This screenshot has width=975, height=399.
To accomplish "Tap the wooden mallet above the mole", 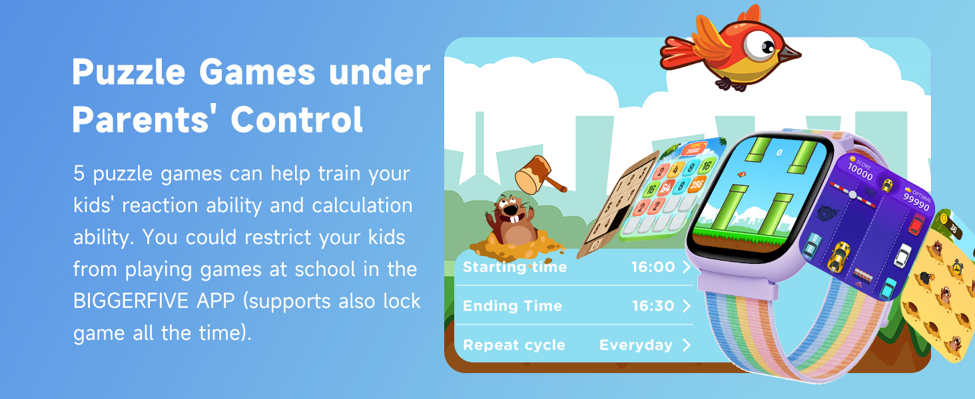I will pyautogui.click(x=539, y=174).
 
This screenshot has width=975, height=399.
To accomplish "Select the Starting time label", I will pyautogui.click(x=515, y=267).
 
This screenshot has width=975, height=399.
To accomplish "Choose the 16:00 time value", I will pyautogui.click(x=653, y=267).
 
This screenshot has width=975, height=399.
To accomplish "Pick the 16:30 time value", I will pyautogui.click(x=653, y=307).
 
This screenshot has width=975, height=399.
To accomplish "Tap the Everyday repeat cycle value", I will pyautogui.click(x=636, y=345).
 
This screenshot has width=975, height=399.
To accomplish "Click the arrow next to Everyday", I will pyautogui.click(x=687, y=345).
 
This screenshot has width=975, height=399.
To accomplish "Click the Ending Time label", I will pyautogui.click(x=512, y=307).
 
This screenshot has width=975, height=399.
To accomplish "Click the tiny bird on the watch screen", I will pyautogui.click(x=739, y=175).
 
